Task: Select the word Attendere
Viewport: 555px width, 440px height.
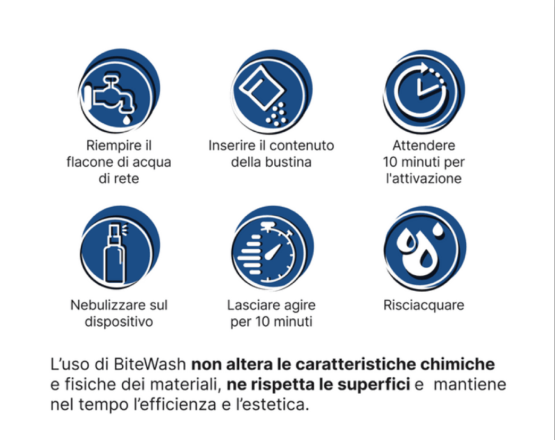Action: [424, 146]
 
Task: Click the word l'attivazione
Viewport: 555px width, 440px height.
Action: [424, 179]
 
